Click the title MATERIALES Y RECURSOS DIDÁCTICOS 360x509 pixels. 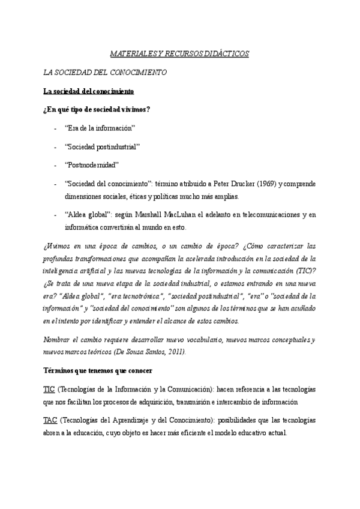pos(179,54)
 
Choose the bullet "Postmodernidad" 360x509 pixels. pos(92,164)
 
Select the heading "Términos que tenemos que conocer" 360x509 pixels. pos(98,370)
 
